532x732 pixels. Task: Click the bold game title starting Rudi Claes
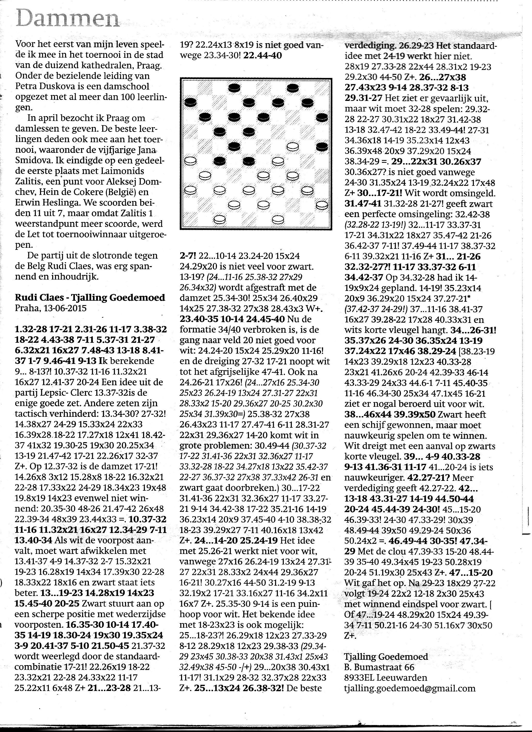click(90, 297)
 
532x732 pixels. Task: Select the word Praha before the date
click(25, 308)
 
